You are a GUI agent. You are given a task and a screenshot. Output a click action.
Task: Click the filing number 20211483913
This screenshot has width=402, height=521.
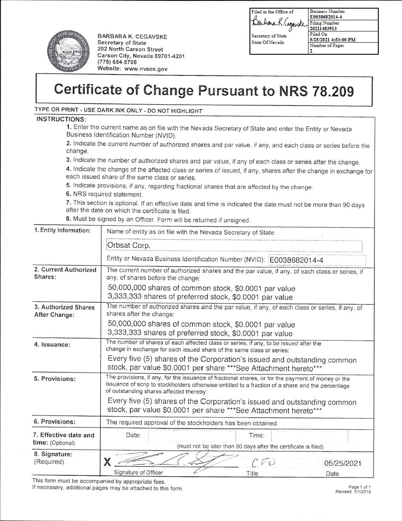coord(323,28)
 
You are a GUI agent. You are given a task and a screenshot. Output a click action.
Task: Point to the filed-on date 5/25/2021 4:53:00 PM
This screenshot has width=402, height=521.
coord(332,40)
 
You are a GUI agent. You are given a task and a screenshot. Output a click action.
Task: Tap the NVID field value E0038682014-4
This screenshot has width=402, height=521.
coord(296,260)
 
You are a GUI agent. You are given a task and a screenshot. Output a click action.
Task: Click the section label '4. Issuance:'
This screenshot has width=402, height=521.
coord(52,344)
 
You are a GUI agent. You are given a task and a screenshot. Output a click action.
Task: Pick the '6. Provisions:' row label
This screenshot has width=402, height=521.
coord(55,421)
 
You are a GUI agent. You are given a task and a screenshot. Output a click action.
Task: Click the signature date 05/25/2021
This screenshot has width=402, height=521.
coord(343,463)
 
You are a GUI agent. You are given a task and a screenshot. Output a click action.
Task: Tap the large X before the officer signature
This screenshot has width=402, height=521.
coord(107,463)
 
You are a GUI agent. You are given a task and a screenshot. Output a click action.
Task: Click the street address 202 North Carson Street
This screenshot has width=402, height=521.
coord(130,49)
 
